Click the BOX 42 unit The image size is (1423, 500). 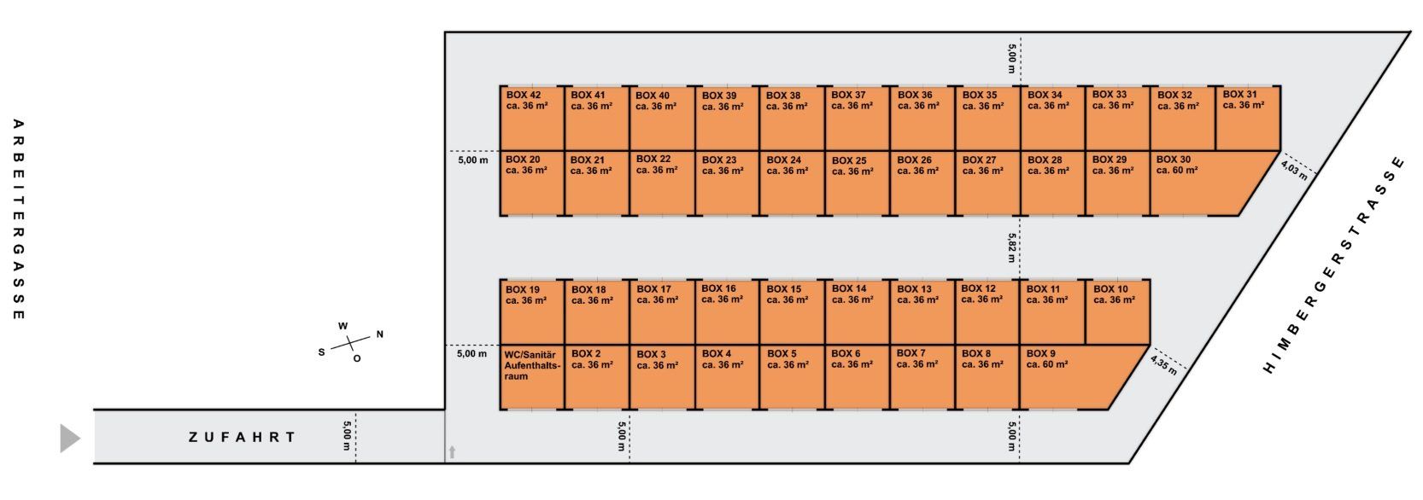(x=532, y=118)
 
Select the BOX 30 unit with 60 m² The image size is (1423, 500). (x=1196, y=183)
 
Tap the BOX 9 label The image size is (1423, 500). (x=1040, y=353)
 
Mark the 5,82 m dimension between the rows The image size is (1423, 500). (x=1011, y=247)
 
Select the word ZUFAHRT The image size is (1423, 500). (x=243, y=438)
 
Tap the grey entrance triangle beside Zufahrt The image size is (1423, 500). (x=69, y=438)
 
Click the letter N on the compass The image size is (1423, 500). (x=380, y=334)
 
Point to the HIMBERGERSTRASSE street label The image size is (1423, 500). (x=1332, y=265)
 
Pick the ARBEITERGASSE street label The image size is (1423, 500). (x=19, y=219)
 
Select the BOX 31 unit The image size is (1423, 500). (x=1247, y=118)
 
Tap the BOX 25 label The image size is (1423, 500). (x=849, y=160)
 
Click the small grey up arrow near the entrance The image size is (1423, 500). (x=452, y=452)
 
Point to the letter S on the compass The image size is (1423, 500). (x=322, y=352)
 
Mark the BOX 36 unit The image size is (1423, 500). (x=922, y=118)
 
